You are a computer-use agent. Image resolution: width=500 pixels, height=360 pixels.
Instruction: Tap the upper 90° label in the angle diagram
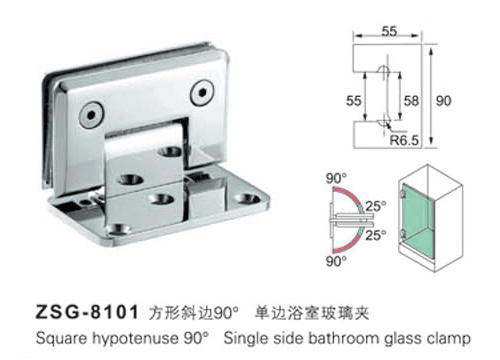tap(334, 180)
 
